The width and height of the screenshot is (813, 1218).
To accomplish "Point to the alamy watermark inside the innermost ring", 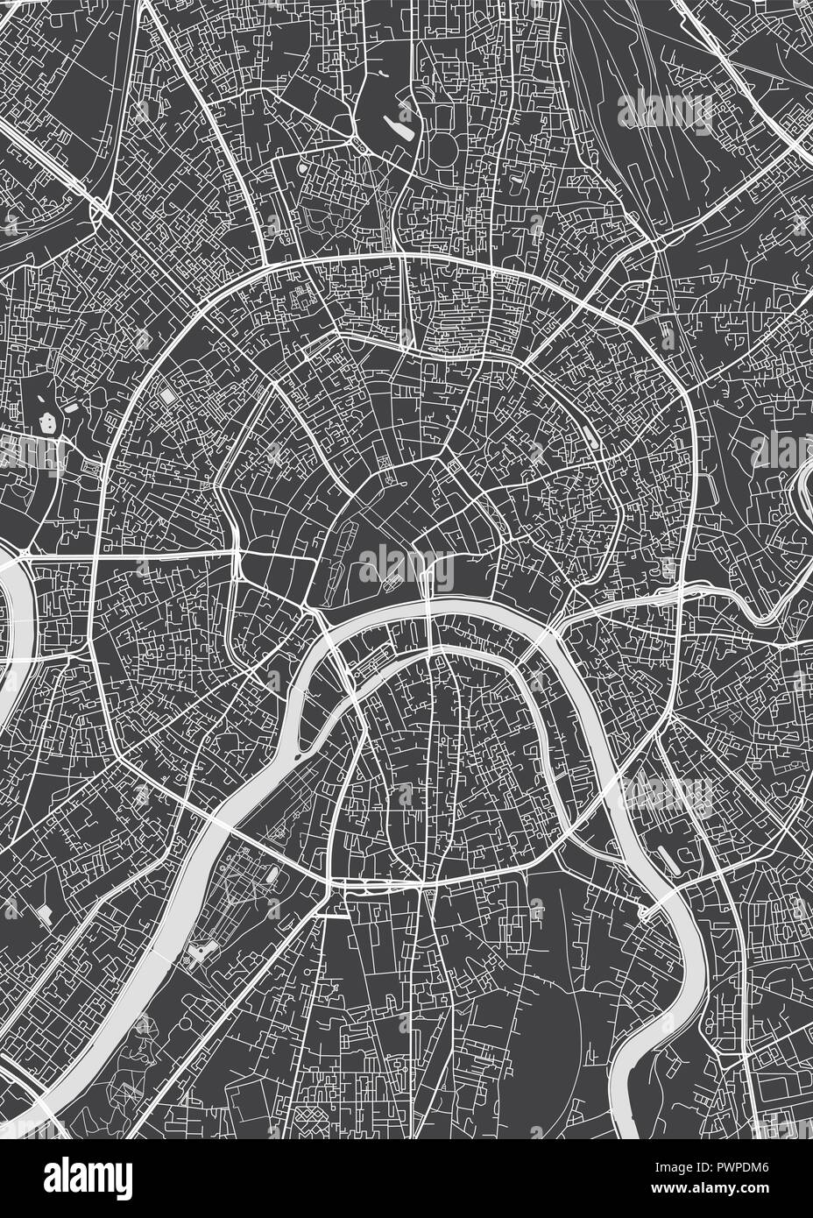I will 406,568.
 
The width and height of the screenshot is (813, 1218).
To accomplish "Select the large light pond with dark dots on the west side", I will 44,423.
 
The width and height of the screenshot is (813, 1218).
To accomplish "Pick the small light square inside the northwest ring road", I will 166,396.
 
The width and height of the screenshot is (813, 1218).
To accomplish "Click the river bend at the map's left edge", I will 13,605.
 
